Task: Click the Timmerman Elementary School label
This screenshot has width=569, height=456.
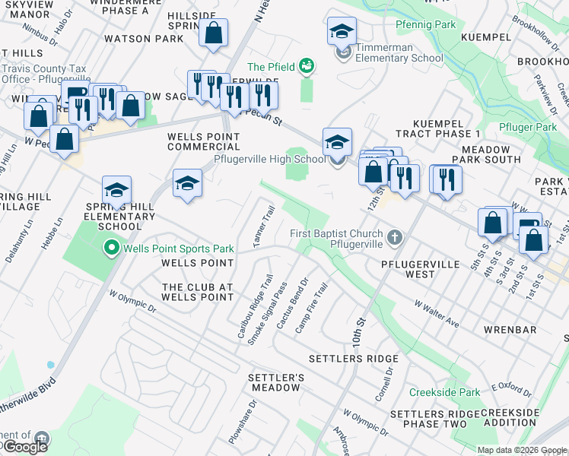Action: coord(399,52)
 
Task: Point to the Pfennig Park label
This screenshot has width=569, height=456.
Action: coord(426,25)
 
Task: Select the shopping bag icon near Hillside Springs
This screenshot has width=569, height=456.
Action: coord(214,33)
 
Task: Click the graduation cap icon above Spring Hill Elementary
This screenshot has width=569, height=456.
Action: coord(116,190)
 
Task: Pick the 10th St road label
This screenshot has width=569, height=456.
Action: coord(358,333)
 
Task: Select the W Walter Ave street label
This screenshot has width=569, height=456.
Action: coord(437,314)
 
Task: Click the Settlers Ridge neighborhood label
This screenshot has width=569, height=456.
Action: coord(353,359)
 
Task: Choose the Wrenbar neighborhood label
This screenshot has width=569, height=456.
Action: coord(510,330)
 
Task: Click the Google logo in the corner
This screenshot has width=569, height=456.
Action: coord(25,446)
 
